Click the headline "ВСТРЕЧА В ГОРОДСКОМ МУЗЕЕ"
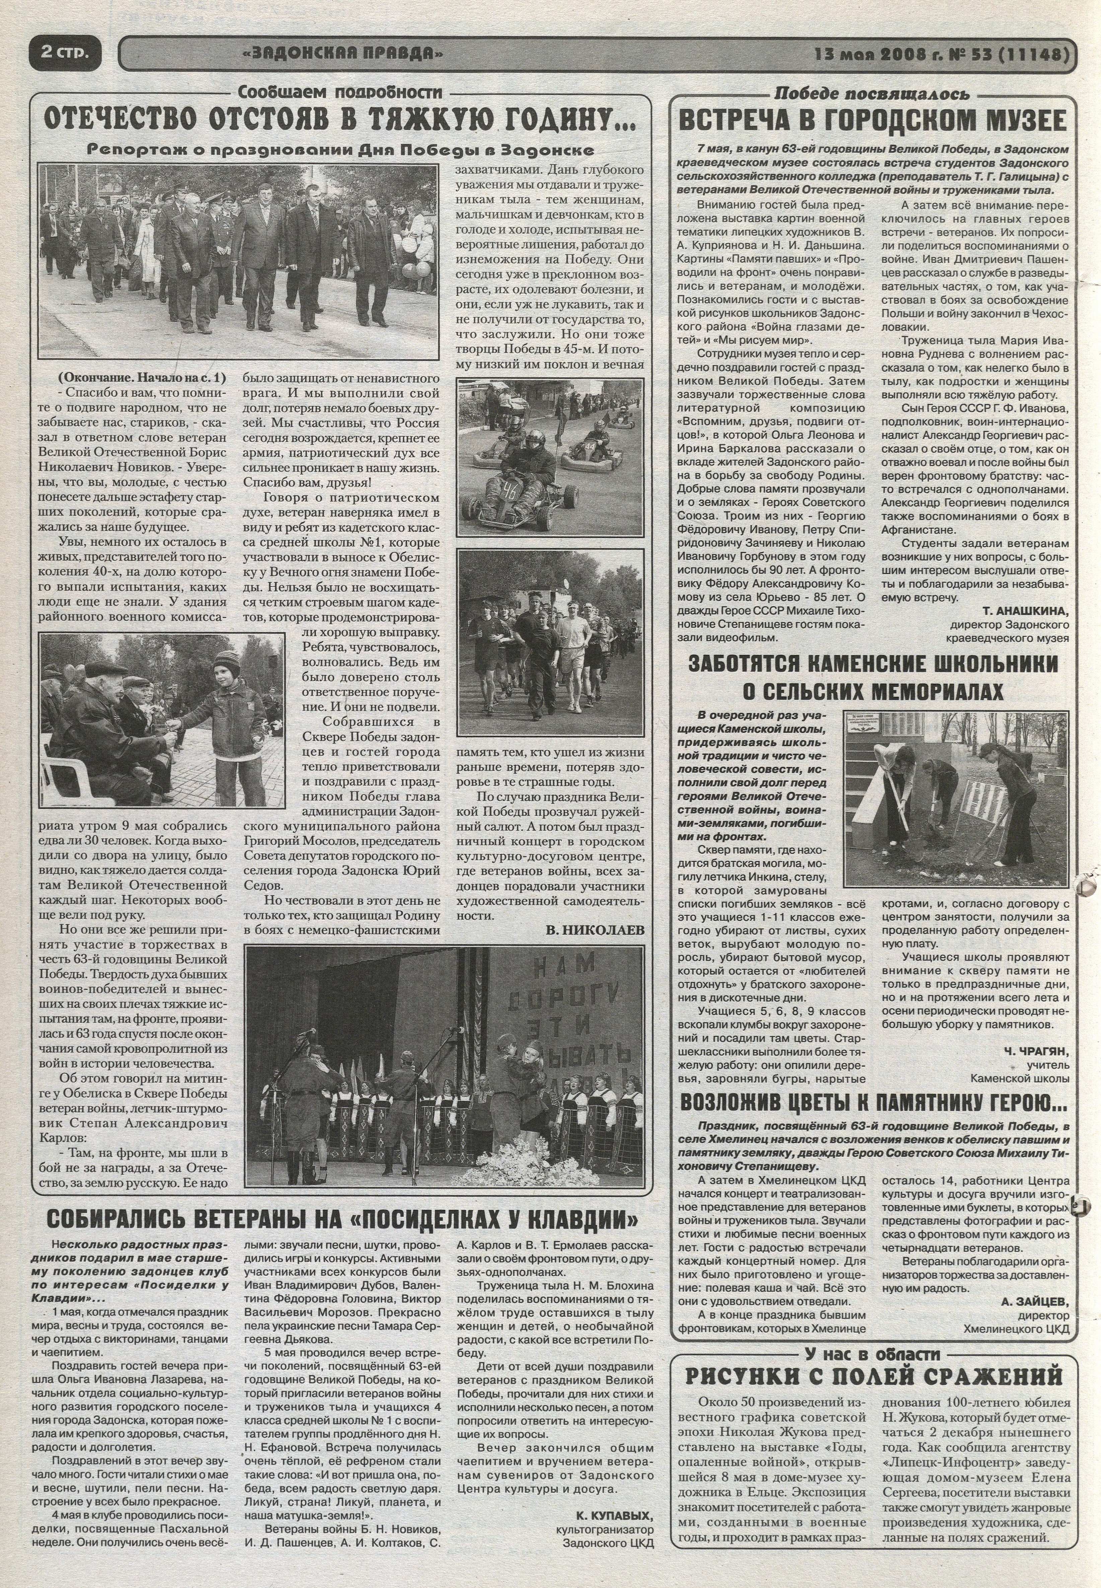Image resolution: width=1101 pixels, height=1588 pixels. point(872,121)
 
